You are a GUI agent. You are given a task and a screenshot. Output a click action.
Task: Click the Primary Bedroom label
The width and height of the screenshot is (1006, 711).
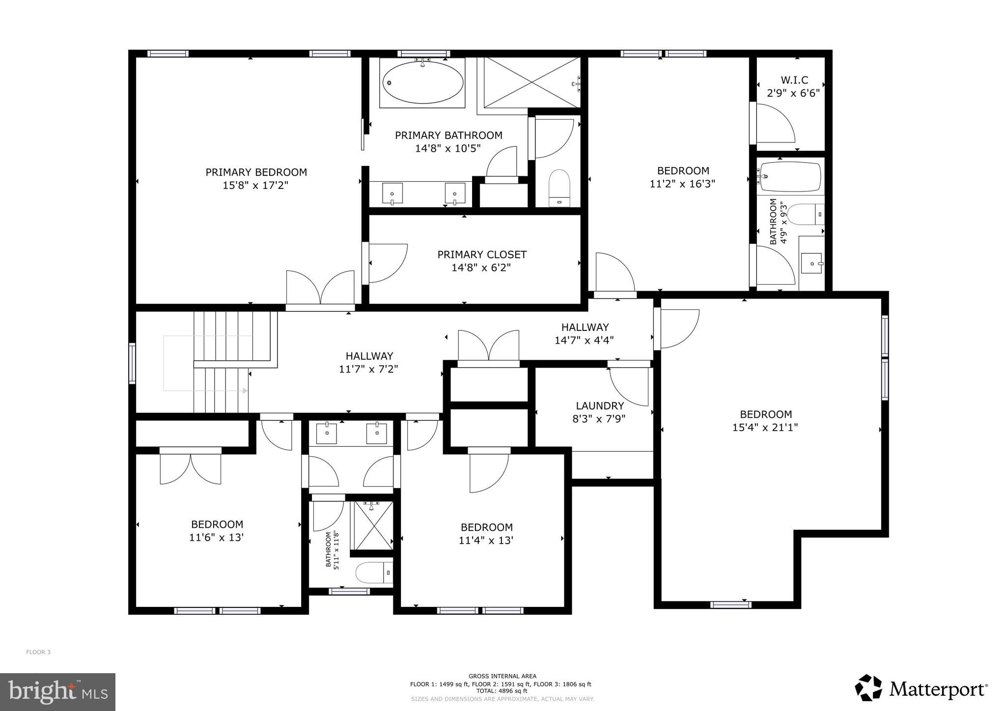(x=256, y=172)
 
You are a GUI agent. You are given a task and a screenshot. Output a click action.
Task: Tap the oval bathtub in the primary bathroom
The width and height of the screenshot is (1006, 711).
(x=422, y=82)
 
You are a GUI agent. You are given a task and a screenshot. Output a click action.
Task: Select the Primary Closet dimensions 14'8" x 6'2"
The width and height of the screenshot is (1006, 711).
(x=481, y=268)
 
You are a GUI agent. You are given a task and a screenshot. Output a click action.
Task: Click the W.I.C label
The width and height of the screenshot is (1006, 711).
(x=794, y=80)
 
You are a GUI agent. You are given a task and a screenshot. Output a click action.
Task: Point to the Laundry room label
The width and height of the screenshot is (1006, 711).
(x=600, y=406)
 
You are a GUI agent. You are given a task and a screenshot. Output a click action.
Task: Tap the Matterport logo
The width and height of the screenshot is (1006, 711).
(x=921, y=689)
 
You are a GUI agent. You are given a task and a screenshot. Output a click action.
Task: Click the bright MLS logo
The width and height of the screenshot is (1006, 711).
(x=57, y=692)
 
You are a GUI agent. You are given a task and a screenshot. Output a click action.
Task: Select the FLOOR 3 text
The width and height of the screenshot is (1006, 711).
(x=38, y=652)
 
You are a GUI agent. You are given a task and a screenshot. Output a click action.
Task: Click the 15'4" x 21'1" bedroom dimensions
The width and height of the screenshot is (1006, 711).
(x=765, y=428)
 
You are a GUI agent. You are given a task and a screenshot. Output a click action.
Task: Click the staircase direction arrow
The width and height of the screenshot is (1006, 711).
(x=244, y=391)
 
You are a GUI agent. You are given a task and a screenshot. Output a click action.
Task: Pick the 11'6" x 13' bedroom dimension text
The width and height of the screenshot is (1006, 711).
(x=217, y=538)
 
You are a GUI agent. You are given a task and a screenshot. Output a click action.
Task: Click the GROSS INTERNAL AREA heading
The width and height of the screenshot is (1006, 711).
(x=502, y=676)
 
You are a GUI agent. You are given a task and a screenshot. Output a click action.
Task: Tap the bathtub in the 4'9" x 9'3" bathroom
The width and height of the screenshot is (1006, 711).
(x=790, y=177)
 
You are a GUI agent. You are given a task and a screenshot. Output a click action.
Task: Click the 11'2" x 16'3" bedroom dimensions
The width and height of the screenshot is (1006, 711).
(x=682, y=184)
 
